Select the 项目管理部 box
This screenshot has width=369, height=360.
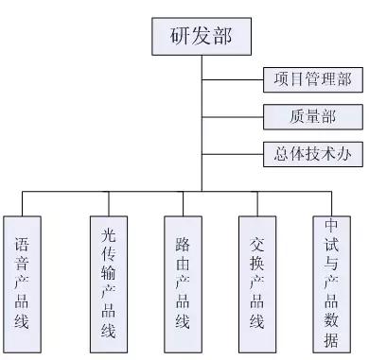(x=312, y=79)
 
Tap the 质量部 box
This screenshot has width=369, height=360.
(x=312, y=116)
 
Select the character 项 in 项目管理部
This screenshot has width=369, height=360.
(x=278, y=79)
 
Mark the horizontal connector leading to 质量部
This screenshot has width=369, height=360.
(x=232, y=116)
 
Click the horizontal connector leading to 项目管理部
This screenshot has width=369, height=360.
(x=232, y=79)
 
